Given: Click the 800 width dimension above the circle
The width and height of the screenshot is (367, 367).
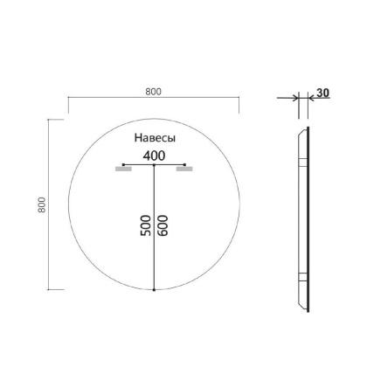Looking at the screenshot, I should tap(154, 92).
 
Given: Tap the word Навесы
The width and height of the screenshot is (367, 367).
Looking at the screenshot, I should tap(155, 139).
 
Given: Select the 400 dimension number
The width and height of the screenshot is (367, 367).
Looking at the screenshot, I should tap(154, 156).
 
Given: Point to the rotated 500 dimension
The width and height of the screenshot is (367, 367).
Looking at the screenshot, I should tap(146, 225).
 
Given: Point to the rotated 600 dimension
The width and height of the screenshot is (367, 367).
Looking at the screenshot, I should tap(163, 225).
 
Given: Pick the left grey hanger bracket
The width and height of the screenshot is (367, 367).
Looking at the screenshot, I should tap(123, 170).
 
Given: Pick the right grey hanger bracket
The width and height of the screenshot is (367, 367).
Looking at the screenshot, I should tap(183, 170).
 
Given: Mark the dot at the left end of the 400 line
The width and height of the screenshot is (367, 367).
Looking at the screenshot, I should tap(124, 164).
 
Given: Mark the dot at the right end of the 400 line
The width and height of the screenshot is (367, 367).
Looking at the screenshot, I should tap(185, 164).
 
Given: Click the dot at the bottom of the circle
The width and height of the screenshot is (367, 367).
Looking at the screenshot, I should tap(155, 289).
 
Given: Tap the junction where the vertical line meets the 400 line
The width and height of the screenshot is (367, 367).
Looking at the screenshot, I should tap(155, 164).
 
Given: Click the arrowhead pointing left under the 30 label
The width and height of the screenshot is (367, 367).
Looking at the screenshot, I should tap(308, 99).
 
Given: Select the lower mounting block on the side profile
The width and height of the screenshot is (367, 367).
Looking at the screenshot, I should tap(301, 278).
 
